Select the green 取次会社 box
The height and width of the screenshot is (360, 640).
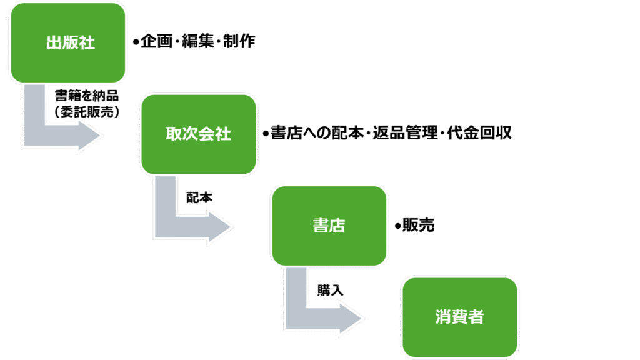198,134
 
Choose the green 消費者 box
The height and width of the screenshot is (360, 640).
459,317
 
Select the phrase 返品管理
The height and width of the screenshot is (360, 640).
406,134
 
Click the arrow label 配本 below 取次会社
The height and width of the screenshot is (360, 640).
199,197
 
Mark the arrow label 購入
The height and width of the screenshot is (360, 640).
330,291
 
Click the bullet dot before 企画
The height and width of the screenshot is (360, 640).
136,43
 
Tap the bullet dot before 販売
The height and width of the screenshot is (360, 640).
397,226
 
